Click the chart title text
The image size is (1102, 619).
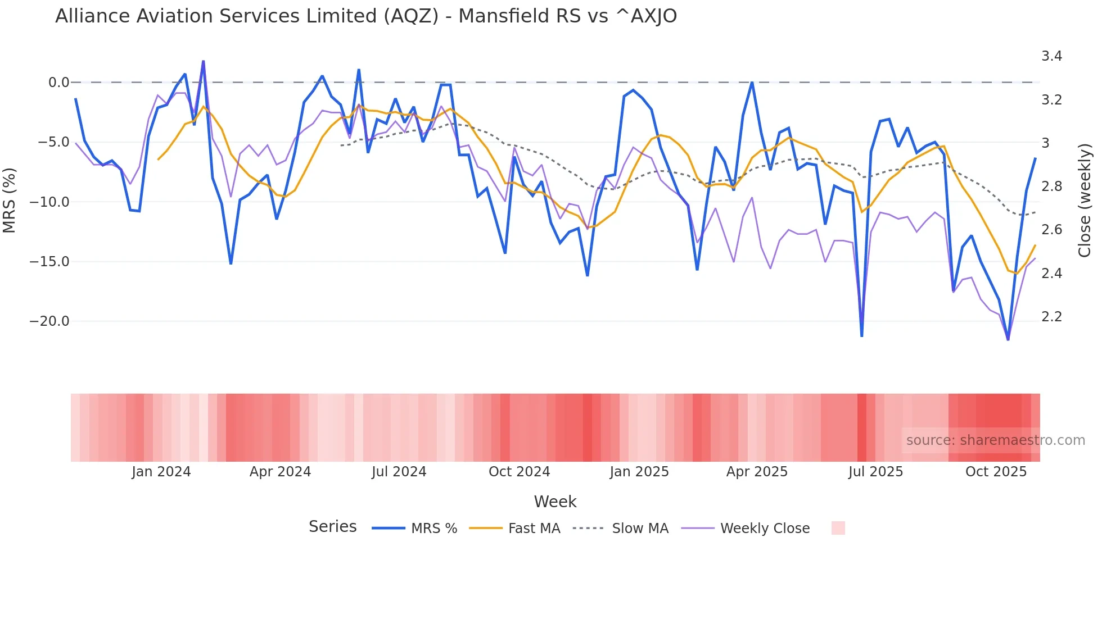(365, 16)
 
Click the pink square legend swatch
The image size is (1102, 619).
(838, 528)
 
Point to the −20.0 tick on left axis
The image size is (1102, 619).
(49, 321)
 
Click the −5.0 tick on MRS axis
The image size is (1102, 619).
(53, 142)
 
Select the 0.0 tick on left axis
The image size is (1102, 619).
(58, 83)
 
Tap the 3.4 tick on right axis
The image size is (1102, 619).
(1051, 56)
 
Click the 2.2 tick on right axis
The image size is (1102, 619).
(1051, 317)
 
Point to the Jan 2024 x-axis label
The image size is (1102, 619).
(161, 472)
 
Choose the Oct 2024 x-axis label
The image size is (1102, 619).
(519, 472)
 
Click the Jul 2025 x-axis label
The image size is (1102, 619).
(875, 472)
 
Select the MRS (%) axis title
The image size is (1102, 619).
(10, 201)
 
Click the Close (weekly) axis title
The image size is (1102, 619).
(1085, 201)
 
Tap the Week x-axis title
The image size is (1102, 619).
(555, 502)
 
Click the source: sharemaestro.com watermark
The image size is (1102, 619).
(995, 440)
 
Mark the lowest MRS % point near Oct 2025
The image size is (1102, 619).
(1008, 339)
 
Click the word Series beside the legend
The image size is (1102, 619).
(332, 527)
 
